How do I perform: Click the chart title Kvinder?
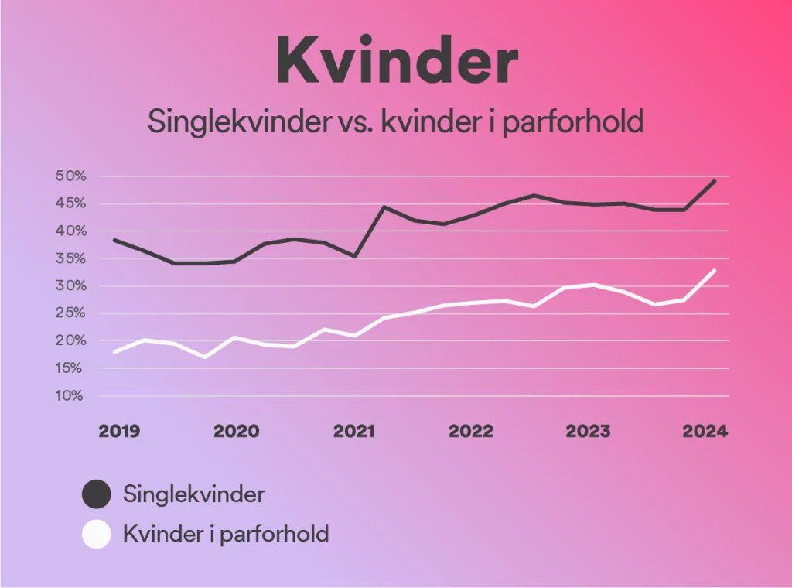pos(398,60)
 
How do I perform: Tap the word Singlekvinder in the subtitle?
pos(239,121)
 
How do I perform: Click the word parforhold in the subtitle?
pos(573,121)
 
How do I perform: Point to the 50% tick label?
pos(70,176)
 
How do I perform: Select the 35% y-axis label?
pos(70,258)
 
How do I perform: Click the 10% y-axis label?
pos(70,395)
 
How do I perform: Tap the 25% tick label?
pos(70,313)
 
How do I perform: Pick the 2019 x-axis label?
pos(119,431)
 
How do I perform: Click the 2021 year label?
pos(354,431)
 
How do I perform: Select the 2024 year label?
pos(705,431)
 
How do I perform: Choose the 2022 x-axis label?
pos(471,431)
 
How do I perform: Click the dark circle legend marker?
pos(97,494)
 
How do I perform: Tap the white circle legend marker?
pos(97,534)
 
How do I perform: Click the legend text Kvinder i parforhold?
pos(226,534)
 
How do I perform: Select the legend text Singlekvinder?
pos(194,494)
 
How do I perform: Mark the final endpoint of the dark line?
pos(714,181)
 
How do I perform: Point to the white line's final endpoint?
pos(714,271)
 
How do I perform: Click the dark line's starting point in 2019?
pos(115,240)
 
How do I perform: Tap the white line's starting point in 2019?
pos(115,351)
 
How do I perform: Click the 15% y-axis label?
pos(69,368)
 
